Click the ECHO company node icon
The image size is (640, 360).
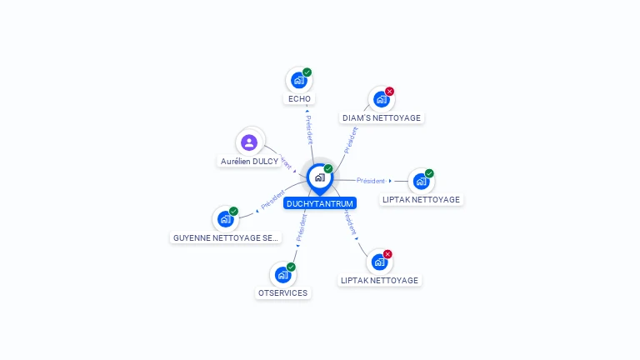298,81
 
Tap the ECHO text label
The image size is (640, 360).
299,99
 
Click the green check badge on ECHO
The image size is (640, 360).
307,72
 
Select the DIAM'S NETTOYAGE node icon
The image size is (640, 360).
381,99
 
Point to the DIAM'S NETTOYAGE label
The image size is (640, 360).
382,118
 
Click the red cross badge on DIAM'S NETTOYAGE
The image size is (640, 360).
389,92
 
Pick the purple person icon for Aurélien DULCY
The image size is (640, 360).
248,142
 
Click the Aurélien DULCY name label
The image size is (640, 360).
249,161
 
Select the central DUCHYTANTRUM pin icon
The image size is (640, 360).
319,177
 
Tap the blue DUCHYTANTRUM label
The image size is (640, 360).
320,203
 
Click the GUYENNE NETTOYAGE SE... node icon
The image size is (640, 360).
225,219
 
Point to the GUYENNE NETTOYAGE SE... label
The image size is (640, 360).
225,237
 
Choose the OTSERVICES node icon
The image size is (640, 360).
282,274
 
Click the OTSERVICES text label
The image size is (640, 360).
282,293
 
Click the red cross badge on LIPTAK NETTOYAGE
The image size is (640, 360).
387,254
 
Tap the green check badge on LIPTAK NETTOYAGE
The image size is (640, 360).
429,173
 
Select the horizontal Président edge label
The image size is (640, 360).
371,181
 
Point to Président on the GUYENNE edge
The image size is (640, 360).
272,200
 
